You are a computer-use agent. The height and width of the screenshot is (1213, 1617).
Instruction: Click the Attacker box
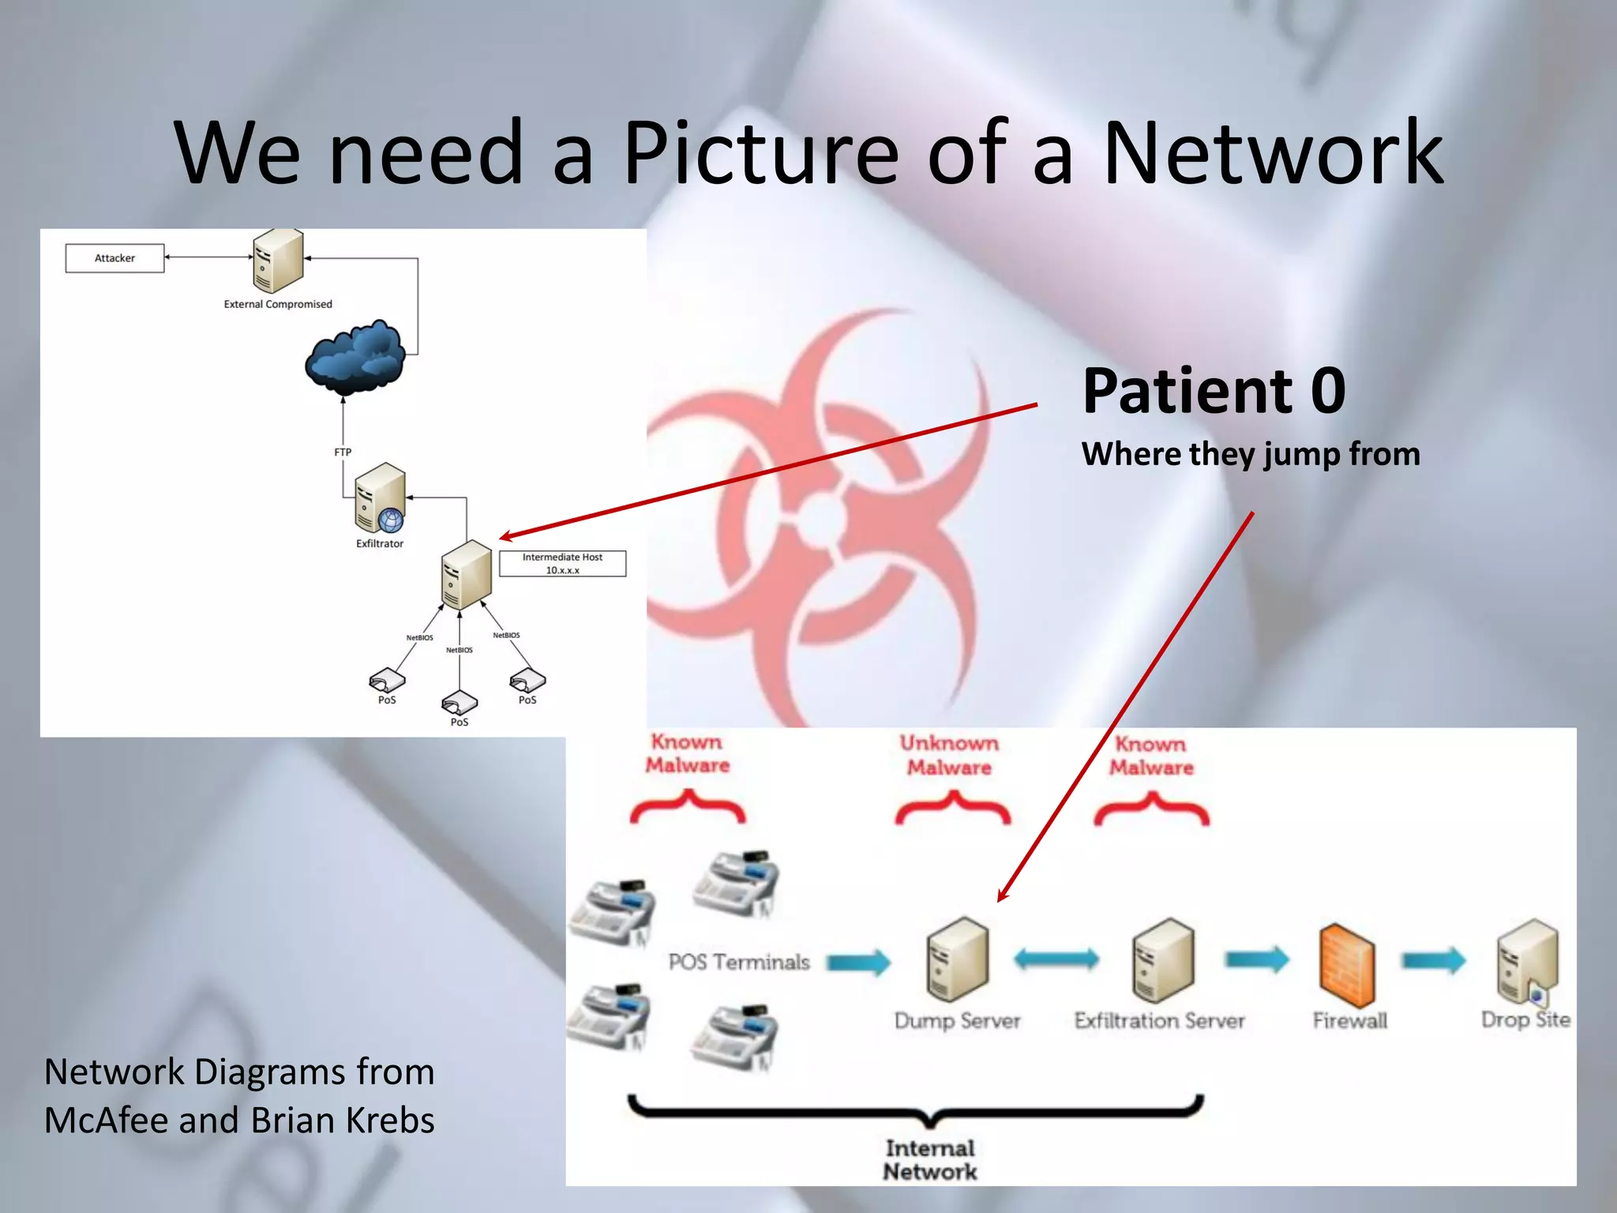[x=114, y=258]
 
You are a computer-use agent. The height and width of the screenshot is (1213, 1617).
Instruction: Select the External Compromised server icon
[x=278, y=261]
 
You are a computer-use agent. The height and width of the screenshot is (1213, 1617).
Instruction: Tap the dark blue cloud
[x=356, y=357]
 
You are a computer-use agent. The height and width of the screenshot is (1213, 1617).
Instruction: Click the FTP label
[x=343, y=453]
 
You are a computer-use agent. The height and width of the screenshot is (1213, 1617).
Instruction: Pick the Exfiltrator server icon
[x=380, y=498]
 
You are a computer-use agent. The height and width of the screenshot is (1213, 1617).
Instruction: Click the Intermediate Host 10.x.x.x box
[x=562, y=564]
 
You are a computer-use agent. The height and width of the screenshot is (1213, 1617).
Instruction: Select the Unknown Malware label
[x=949, y=755]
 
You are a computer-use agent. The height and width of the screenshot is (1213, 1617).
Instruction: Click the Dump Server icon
[x=958, y=959]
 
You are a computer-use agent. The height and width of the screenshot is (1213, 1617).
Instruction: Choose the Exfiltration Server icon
[x=1163, y=960]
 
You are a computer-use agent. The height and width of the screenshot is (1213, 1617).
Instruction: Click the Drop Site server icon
[x=1527, y=961]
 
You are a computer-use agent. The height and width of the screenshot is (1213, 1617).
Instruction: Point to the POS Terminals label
[x=739, y=962]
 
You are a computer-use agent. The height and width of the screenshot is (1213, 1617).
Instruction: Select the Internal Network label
[x=930, y=1160]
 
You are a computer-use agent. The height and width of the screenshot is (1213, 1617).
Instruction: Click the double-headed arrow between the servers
[x=1056, y=959]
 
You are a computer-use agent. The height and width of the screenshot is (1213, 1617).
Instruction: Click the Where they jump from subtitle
[x=1251, y=454]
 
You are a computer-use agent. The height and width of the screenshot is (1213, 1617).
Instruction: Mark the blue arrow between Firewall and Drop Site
[x=1433, y=960]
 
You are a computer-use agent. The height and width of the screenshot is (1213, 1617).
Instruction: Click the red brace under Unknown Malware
[x=952, y=810]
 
